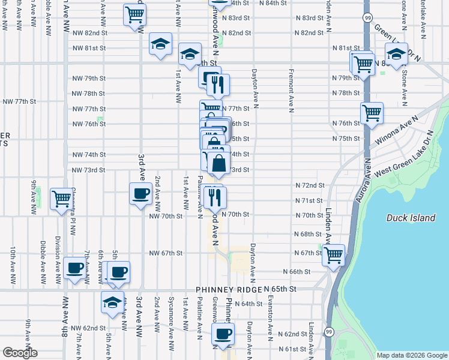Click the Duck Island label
tap(411, 218)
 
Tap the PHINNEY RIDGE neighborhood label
tap(232, 289)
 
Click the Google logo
tap(19, 353)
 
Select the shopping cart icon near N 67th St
tap(333, 254)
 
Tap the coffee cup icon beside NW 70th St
tap(140, 194)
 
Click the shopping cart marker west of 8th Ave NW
tap(61, 199)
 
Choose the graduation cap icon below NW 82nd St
tap(160, 44)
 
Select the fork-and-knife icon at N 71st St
tap(215, 197)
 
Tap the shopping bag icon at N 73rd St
tap(219, 162)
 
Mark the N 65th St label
tap(281, 289)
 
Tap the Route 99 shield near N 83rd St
tap(367, 18)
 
